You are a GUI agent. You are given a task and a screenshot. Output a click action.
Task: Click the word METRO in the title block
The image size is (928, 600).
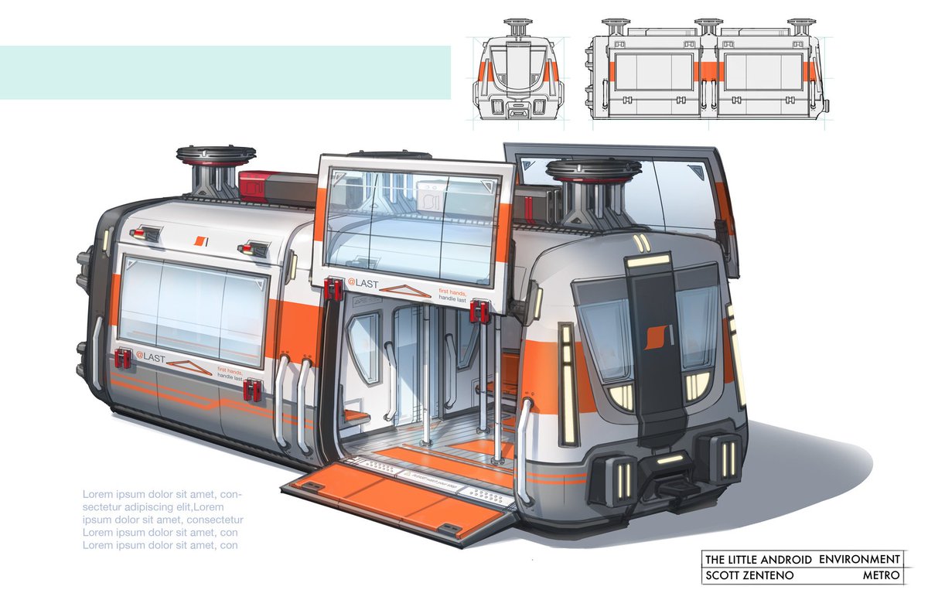(x=882, y=576)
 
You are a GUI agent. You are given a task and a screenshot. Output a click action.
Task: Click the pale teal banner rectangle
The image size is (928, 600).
(x=225, y=73)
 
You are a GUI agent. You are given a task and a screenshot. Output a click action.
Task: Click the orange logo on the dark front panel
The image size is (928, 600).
(x=653, y=335)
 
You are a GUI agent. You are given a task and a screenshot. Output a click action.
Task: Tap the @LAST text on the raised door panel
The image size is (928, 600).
(x=363, y=283)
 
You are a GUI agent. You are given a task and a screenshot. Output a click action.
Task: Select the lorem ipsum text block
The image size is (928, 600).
(x=163, y=519)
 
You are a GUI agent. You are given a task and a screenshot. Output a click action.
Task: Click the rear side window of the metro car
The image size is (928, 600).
(x=192, y=309)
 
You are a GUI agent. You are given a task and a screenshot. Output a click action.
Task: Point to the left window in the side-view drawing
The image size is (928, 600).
(x=653, y=73)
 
